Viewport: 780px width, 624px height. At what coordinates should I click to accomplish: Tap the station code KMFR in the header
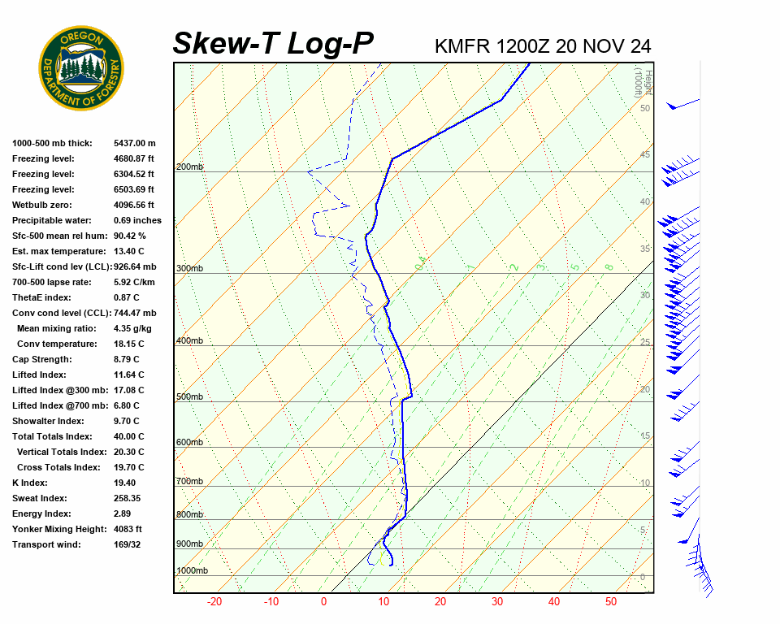[x=462, y=46]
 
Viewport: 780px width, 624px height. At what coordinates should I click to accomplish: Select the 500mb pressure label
[x=189, y=397]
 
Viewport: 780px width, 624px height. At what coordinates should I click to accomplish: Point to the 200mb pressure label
[x=189, y=167]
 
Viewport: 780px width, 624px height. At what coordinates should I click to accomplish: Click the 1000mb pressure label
[x=192, y=571]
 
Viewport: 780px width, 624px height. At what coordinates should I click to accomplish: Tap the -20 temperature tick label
[x=214, y=602]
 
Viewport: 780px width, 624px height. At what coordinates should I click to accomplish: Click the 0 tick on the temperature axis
[x=323, y=602]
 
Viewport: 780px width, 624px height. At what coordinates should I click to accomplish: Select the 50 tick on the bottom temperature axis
[x=611, y=602]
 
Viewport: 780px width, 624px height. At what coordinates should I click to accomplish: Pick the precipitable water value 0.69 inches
[x=137, y=220]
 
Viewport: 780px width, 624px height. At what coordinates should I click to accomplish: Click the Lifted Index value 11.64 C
[x=129, y=375]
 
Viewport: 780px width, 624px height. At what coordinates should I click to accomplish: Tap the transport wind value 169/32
[x=128, y=544]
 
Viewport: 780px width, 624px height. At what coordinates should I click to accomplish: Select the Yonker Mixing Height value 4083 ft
[x=128, y=529]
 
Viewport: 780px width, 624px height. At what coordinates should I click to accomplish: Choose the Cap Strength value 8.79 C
[x=127, y=359]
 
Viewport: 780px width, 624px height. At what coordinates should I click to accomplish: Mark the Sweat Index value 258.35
[x=128, y=498]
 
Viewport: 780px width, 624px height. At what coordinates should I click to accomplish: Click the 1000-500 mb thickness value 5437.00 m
[x=135, y=143]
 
